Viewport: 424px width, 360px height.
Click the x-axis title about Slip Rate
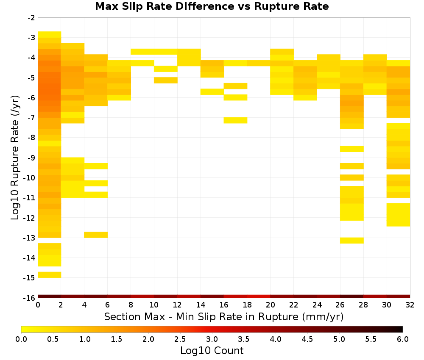223,316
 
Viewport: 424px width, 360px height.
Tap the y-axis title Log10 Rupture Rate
15,158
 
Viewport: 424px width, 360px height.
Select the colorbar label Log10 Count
212,351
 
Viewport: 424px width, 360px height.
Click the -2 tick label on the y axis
31,18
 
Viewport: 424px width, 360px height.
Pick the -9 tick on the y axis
31,158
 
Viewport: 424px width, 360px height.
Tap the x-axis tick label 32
410,305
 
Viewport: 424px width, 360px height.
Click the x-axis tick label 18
247,305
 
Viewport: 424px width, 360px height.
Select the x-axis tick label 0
38,305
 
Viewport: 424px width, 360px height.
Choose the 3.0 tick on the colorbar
212,339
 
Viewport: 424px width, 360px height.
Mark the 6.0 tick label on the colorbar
403,339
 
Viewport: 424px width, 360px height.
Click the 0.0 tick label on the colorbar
21,339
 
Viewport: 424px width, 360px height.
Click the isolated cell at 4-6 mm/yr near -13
96,235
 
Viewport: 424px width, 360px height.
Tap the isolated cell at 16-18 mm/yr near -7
235,120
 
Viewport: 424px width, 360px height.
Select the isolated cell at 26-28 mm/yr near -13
352,241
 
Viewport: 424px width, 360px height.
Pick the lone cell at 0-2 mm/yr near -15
50,274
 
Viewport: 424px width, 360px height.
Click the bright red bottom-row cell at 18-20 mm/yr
259,296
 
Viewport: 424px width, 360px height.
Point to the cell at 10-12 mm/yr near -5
166,80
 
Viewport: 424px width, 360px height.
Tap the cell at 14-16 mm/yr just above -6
212,92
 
